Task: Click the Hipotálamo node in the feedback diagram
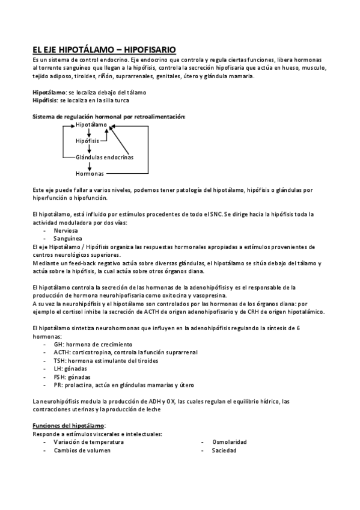(x=91, y=124)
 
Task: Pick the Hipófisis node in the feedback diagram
(x=87, y=141)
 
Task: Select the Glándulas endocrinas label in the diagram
(x=105, y=157)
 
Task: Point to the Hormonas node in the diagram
(x=90, y=173)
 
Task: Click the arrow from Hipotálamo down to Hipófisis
(x=88, y=133)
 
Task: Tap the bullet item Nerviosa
(x=66, y=230)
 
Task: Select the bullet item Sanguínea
(x=68, y=238)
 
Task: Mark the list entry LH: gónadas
(x=71, y=369)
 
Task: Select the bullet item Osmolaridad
(x=229, y=441)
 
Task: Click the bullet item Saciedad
(x=224, y=450)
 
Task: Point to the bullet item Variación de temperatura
(x=88, y=441)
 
